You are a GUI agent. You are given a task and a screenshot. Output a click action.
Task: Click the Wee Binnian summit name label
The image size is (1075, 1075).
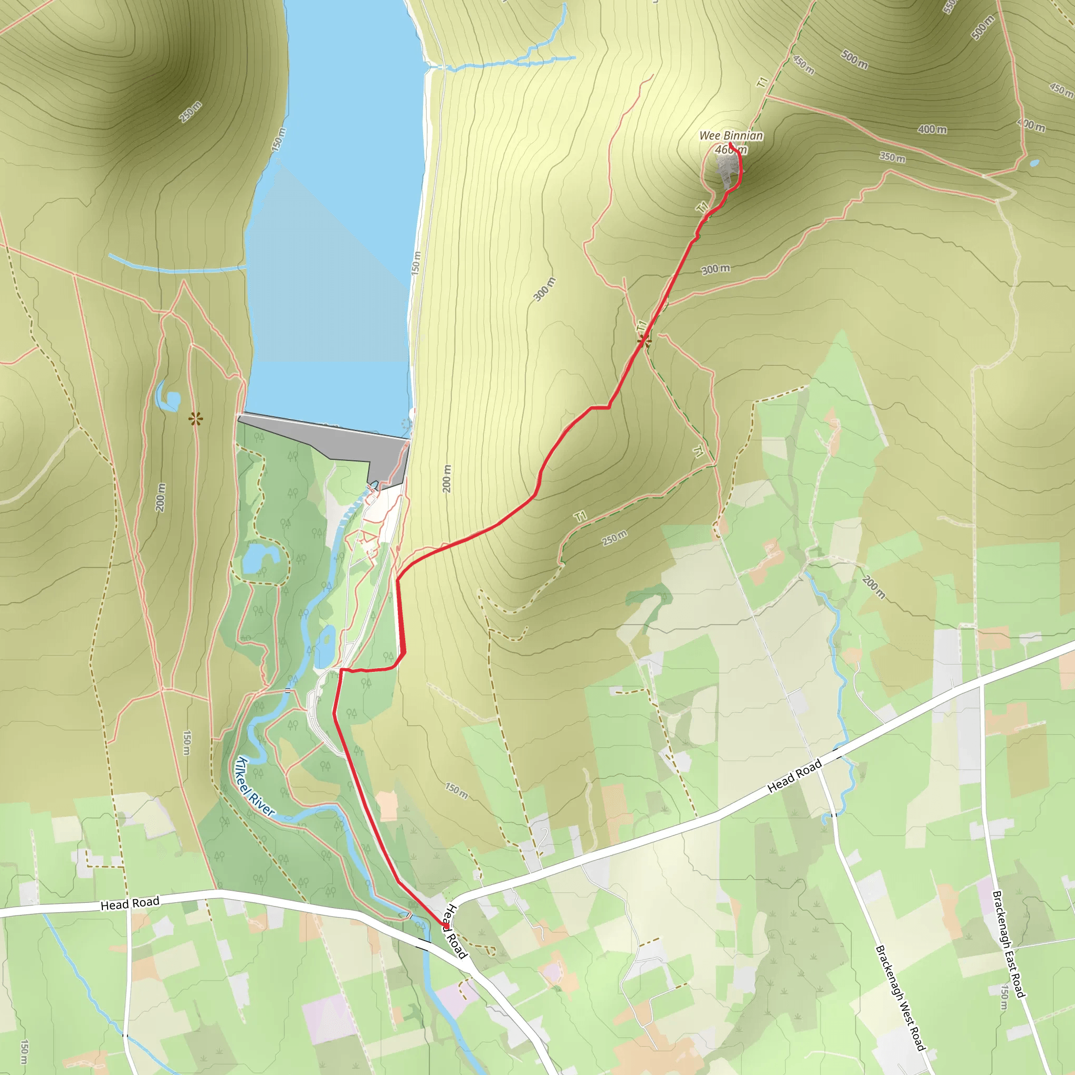(x=731, y=136)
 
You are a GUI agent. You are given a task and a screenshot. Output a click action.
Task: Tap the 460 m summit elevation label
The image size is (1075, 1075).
(x=731, y=150)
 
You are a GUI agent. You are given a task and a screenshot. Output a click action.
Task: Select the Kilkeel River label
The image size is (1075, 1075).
(x=255, y=786)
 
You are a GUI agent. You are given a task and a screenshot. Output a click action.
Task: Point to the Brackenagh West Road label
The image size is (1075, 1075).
(x=900, y=998)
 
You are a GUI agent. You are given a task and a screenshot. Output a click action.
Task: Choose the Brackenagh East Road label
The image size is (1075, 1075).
(x=1008, y=944)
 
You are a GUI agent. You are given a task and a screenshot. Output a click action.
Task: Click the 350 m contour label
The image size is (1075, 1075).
(x=892, y=157)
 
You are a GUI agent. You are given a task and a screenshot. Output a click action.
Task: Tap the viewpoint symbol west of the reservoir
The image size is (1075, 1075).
(x=195, y=418)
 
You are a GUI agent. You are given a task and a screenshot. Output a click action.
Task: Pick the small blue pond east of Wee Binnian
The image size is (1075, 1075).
(x=1034, y=163)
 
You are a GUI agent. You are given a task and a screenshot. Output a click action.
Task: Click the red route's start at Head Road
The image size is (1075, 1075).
(x=445, y=925)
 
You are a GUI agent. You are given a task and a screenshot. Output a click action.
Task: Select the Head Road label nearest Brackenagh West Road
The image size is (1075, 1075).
(x=794, y=776)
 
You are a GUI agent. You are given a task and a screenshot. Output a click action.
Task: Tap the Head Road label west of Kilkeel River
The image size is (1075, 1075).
(x=130, y=904)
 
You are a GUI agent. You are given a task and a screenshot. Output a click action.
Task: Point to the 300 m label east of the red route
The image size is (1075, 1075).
(x=715, y=269)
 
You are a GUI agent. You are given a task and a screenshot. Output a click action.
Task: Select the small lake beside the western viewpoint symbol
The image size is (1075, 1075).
(x=168, y=399)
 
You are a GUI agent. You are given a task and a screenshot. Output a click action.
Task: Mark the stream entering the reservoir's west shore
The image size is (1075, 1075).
(x=178, y=269)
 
